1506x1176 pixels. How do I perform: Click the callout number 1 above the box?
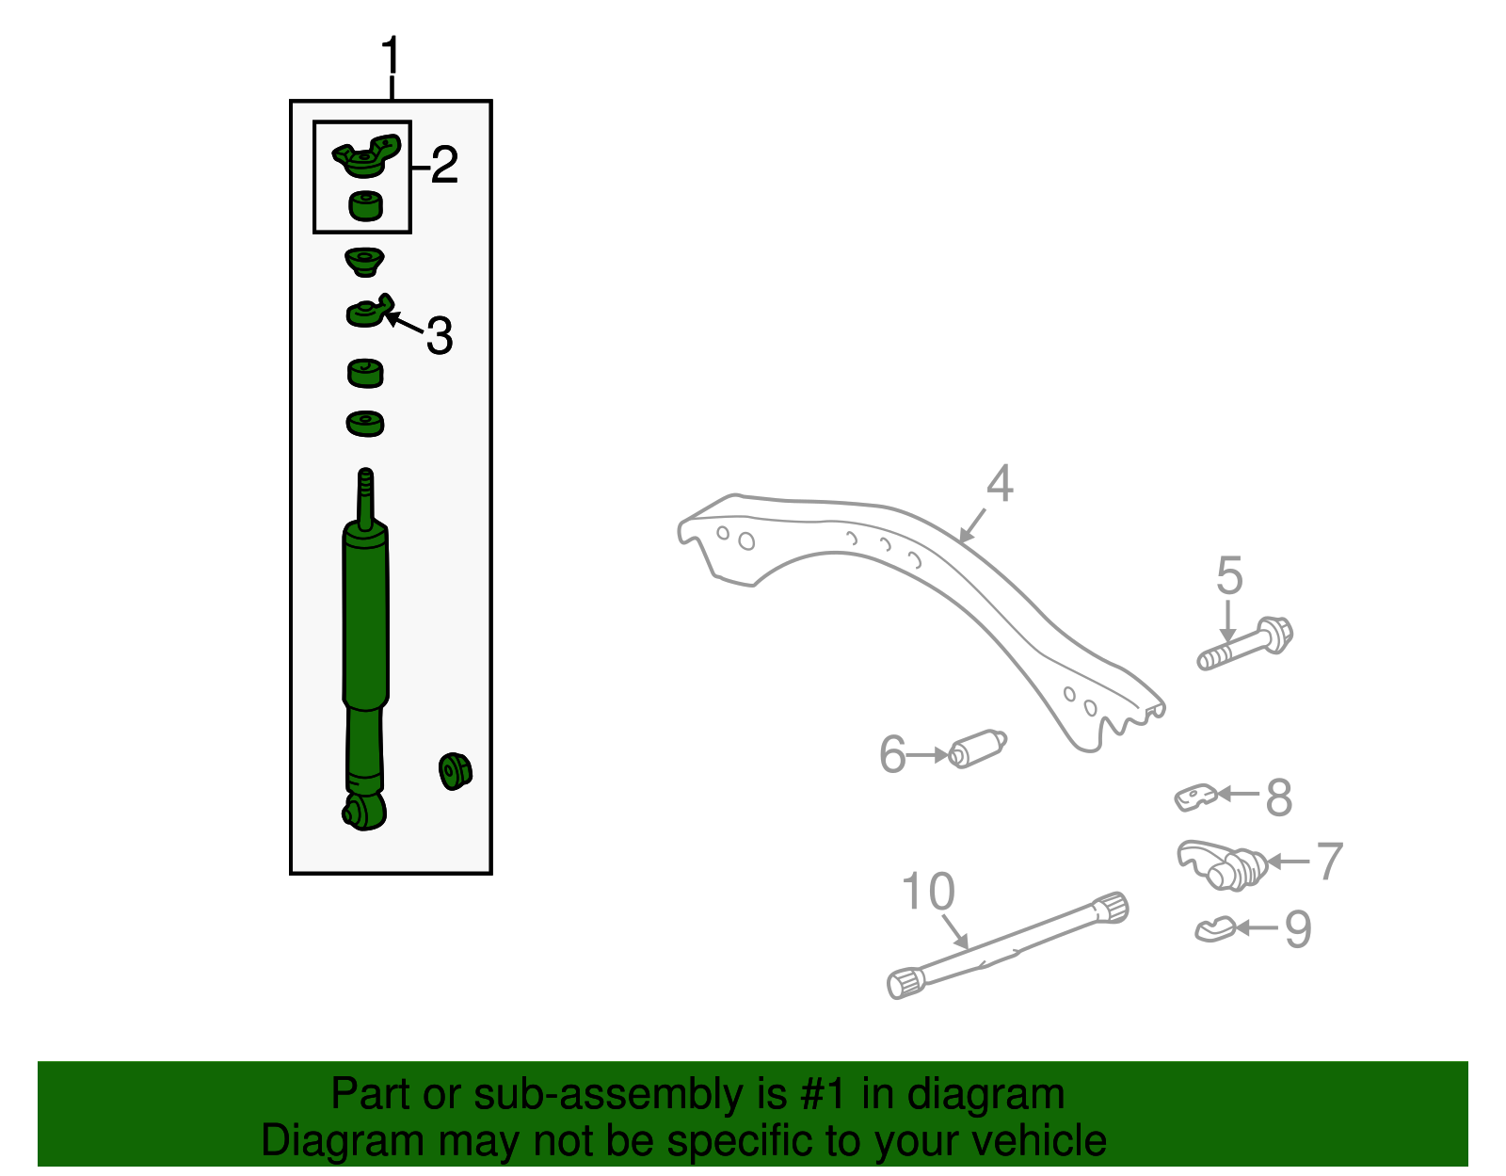pyautogui.click(x=391, y=57)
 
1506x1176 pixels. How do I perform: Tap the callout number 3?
pyautogui.click(x=440, y=335)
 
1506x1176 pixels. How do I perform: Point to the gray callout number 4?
pyautogui.click(x=1000, y=484)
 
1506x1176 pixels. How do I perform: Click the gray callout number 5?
pyautogui.click(x=1229, y=575)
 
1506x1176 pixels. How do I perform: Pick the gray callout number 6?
pyautogui.click(x=892, y=755)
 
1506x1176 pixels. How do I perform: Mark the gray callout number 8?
pyautogui.click(x=1279, y=797)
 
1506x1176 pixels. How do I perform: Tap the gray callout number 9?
pyautogui.click(x=1298, y=929)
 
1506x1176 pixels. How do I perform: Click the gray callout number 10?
pyautogui.click(x=928, y=891)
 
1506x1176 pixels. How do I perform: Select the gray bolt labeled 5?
pyautogui.click(x=1245, y=644)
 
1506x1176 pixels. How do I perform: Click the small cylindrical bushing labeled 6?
pyautogui.click(x=979, y=749)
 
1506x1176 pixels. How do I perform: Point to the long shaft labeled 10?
pyautogui.click(x=1007, y=945)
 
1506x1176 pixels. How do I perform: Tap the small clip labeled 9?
pyautogui.click(x=1214, y=929)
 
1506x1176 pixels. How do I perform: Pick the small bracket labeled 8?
pyautogui.click(x=1195, y=797)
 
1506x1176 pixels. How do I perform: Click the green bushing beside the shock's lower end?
pyautogui.click(x=456, y=771)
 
